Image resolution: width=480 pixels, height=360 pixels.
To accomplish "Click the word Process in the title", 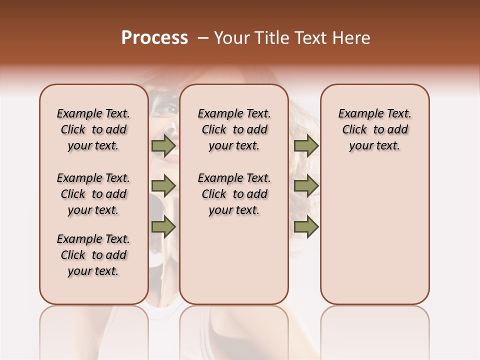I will (x=154, y=38).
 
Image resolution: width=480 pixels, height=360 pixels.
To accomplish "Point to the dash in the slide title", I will (x=202, y=38).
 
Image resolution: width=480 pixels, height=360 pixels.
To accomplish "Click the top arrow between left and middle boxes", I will (x=163, y=145).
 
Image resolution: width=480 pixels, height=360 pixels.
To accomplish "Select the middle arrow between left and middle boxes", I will (x=163, y=186).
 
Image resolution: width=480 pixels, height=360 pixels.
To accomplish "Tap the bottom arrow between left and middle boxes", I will (x=163, y=227).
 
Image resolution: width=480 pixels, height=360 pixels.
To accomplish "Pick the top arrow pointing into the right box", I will (x=306, y=145).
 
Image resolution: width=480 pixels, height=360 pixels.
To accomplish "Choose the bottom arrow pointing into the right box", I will (x=306, y=227).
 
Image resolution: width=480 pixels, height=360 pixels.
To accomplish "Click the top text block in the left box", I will (x=93, y=129).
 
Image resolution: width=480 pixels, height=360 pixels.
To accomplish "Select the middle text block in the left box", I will (x=93, y=194).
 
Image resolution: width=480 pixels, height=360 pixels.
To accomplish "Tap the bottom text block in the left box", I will (x=93, y=255).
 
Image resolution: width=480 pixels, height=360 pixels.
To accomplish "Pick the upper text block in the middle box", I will (x=234, y=129).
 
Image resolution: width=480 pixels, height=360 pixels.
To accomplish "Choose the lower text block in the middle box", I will (x=234, y=194).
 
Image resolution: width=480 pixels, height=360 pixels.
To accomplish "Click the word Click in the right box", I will (x=354, y=129).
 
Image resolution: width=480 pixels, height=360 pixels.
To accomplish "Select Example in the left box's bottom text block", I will (x=78, y=239).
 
